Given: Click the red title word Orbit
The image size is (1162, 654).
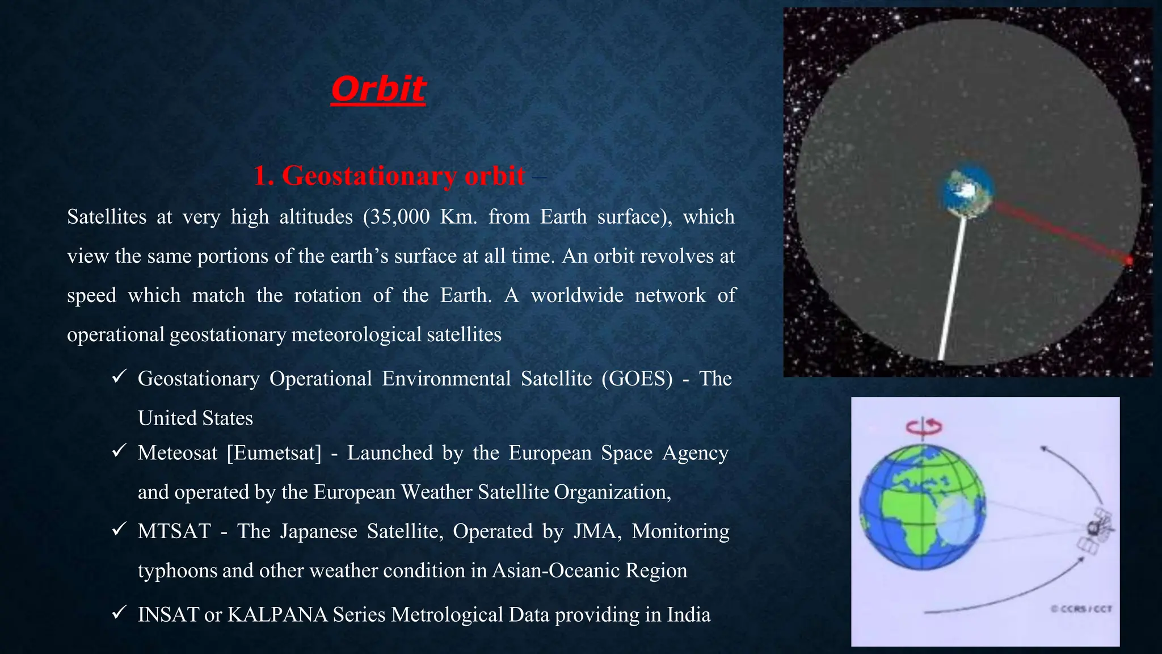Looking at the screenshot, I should point(378,89).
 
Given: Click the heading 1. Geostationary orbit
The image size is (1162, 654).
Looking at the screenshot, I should point(389,175).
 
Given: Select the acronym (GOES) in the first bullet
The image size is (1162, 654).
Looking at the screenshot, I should point(637,379).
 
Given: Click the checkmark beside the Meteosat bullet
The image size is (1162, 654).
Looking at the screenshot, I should point(119,451).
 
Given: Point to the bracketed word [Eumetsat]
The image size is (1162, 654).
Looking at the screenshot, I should point(274,453).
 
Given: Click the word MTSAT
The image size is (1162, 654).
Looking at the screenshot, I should point(174,531).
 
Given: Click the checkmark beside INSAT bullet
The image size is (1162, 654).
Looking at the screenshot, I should point(119,613).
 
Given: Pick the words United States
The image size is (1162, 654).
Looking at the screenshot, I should point(195,418).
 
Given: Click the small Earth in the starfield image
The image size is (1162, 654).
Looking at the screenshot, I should point(968,190).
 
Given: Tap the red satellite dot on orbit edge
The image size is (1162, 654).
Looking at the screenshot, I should point(1129,261).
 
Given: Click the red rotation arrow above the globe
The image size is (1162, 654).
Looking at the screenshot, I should point(924,426).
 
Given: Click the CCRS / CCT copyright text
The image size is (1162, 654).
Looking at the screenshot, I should point(1081,609).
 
